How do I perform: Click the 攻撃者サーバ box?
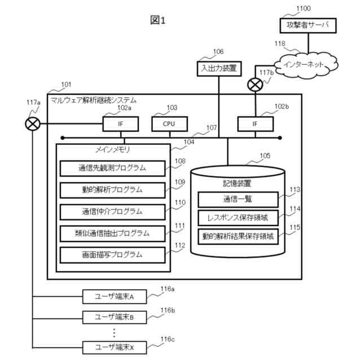(307, 25)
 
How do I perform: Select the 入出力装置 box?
(218, 68)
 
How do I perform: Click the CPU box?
(168, 123)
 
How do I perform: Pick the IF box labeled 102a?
(120, 123)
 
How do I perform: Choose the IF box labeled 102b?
(254, 123)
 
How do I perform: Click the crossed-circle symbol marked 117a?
(34, 123)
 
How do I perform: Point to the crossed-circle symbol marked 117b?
(255, 85)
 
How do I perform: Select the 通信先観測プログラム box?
(112, 168)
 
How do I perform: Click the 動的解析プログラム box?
(112, 189)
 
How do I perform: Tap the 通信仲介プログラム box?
(112, 211)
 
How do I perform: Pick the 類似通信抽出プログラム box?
(112, 232)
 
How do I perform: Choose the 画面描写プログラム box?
(112, 254)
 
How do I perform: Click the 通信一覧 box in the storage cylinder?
(237, 199)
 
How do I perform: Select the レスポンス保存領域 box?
(237, 218)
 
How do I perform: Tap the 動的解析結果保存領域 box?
(237, 236)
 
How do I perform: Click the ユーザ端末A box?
(115, 296)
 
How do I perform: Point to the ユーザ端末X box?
(115, 347)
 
